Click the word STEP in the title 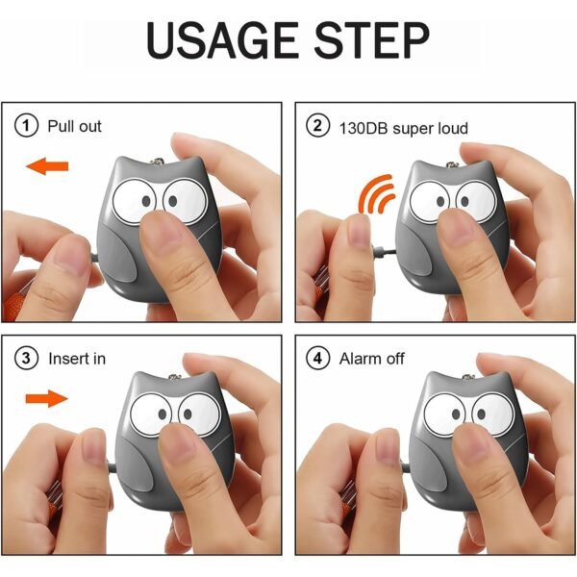[x=369, y=43]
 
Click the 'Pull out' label [x=75, y=126]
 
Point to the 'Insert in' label [x=78, y=359]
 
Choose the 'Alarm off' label [x=372, y=359]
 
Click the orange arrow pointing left [x=46, y=167]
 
